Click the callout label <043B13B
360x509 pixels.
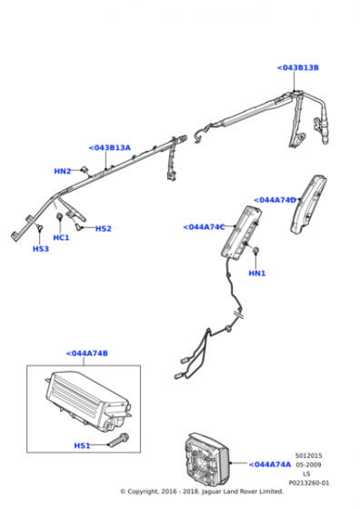[x=297, y=67]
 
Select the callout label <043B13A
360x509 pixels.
[x=110, y=147]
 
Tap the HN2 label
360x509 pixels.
[x=63, y=171]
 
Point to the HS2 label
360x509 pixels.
[x=104, y=228]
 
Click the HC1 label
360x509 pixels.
[x=61, y=237]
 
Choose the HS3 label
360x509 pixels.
[x=41, y=249]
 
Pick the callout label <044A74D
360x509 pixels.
[x=275, y=200]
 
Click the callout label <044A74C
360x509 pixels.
[x=204, y=227]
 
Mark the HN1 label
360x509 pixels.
[x=256, y=274]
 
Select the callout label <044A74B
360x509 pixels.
[x=87, y=354]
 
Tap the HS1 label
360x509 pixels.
[x=82, y=445]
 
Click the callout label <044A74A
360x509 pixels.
[x=270, y=464]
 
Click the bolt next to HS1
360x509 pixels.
[x=119, y=439]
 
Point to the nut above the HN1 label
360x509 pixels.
[x=255, y=250]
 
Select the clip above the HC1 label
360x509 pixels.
[x=59, y=216]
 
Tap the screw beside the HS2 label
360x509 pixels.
[x=78, y=226]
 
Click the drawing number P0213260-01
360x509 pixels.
[x=308, y=483]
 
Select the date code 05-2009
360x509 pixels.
[x=308, y=464]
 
